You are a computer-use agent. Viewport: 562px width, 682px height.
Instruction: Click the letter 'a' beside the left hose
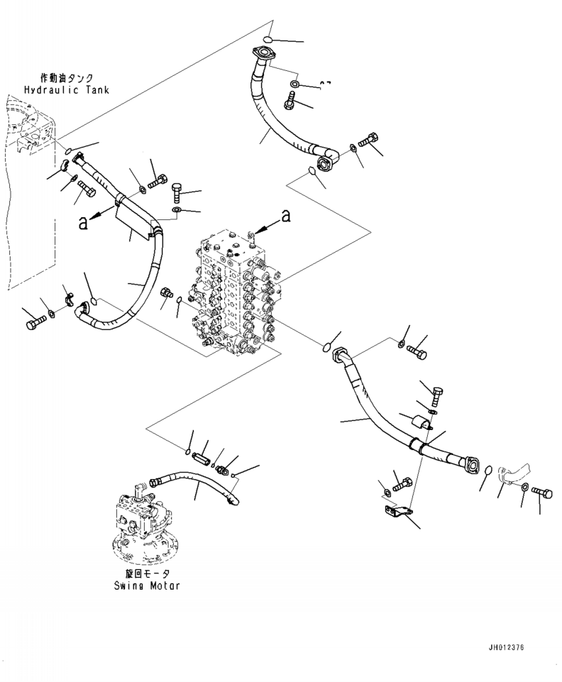pos(84,221)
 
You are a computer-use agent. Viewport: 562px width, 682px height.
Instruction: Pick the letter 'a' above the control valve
pos(285,214)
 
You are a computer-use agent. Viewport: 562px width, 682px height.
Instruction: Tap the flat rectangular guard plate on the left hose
pos(133,216)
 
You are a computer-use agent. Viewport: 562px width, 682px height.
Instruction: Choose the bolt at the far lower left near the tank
pos(33,324)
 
